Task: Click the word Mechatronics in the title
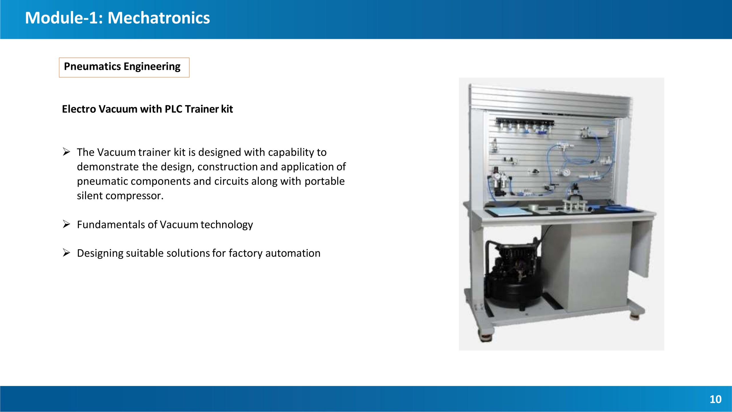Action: [x=159, y=18]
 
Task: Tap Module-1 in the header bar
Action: [x=64, y=18]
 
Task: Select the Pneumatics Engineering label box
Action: [x=124, y=68]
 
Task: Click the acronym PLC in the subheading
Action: [x=173, y=109]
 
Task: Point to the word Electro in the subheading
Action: [x=79, y=109]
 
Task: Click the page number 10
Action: [x=715, y=399]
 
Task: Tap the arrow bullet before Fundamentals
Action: [x=66, y=224]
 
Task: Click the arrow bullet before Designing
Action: [x=66, y=253]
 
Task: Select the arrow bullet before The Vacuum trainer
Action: [x=66, y=152]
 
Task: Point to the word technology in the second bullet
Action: [x=227, y=225]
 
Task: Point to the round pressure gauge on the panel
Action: [x=566, y=172]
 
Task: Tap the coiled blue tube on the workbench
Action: [x=618, y=208]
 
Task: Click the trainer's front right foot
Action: [x=636, y=316]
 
